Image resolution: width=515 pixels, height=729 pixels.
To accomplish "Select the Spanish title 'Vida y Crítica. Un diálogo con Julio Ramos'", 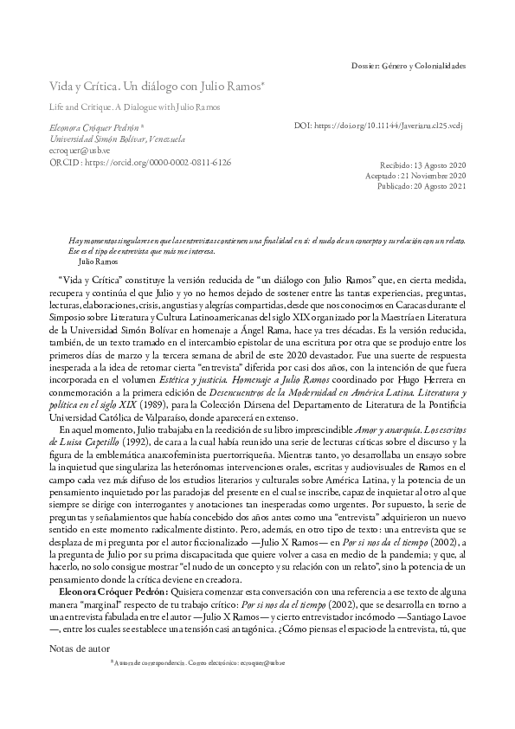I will (x=156, y=89).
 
